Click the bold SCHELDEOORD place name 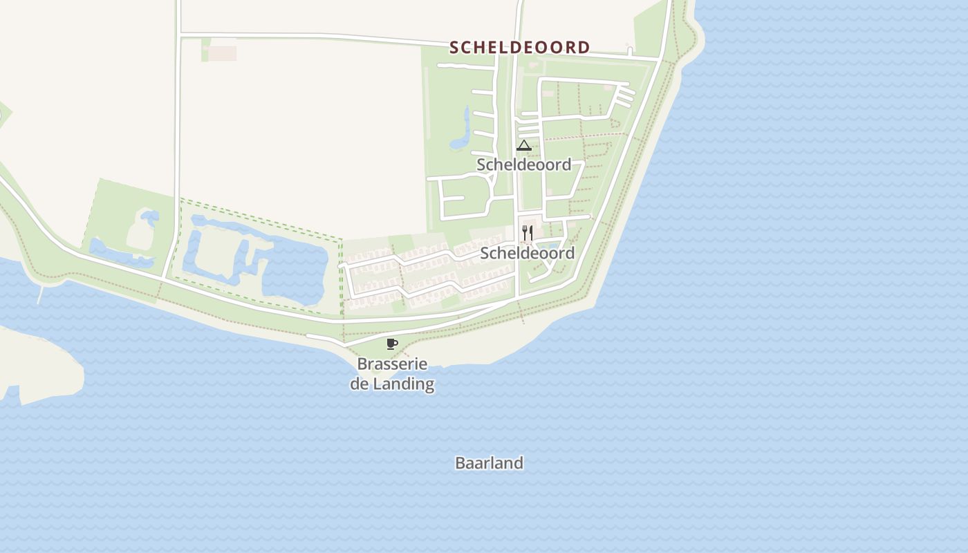520,48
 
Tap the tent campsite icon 523,145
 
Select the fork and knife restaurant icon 527,232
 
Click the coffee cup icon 392,344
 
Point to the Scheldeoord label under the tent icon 523,165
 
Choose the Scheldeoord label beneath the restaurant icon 527,253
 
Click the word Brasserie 392,364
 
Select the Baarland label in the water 489,463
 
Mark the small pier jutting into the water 40,295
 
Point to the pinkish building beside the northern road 222,53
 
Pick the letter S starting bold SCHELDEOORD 454,48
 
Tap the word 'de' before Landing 360,384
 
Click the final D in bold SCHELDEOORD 585,48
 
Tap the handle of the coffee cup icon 396,342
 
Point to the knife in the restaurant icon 530,232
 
